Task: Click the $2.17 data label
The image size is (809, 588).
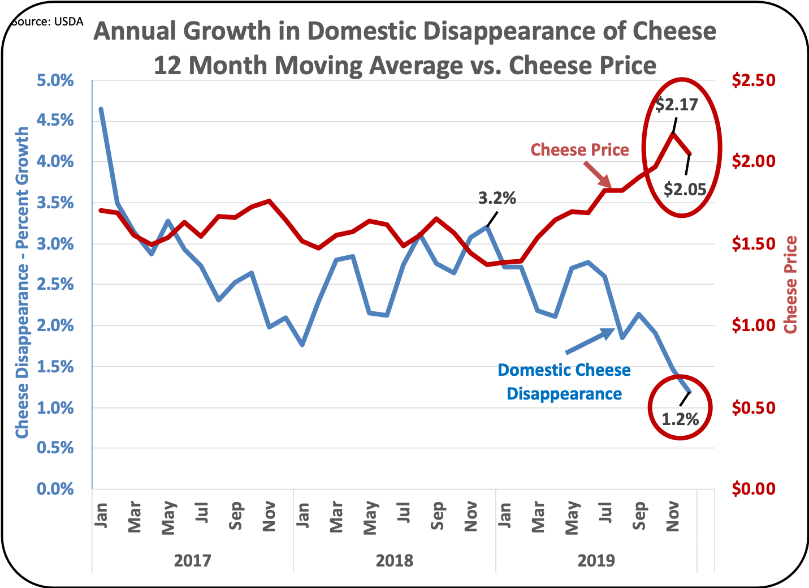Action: point(677,105)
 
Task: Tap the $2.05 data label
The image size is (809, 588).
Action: point(685,189)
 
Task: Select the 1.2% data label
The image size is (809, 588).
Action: point(680,419)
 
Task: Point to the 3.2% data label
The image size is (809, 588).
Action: point(497,198)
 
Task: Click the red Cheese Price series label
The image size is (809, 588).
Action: point(579,150)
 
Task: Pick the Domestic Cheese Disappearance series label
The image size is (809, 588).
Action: point(564,382)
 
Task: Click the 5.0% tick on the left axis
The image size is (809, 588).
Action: point(55,80)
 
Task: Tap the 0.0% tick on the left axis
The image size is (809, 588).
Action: point(55,489)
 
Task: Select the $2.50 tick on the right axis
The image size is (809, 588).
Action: point(754,80)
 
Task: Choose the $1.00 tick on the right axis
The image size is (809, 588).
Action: point(754,325)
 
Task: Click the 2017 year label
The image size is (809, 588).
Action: point(192,561)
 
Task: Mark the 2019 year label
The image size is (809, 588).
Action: point(596,561)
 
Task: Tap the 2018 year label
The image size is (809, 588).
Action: point(395,561)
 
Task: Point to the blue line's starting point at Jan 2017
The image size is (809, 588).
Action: point(101,109)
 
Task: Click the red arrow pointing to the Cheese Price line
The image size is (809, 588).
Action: point(597,175)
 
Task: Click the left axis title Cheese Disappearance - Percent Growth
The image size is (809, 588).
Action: point(21,282)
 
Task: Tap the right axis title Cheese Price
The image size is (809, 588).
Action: point(790,285)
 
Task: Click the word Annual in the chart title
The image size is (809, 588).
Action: point(135,31)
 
